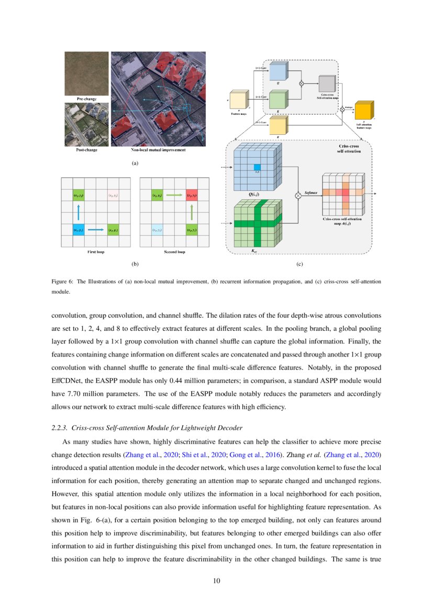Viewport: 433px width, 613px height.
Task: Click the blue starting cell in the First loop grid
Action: (x=79, y=230)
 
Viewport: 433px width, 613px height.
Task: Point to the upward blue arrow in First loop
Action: (x=79, y=212)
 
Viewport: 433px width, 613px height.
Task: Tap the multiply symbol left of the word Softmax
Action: (x=299, y=195)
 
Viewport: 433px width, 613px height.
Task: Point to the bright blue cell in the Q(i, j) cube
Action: (x=257, y=167)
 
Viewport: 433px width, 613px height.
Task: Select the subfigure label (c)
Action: (x=299, y=264)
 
